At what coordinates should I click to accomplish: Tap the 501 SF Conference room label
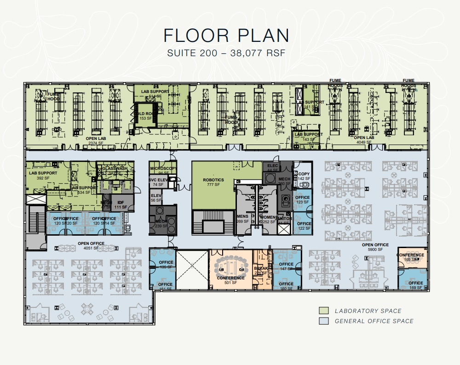[x=230, y=278]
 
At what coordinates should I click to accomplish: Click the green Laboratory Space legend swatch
[x=324, y=311]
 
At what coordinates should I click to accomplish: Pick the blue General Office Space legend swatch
[x=324, y=321]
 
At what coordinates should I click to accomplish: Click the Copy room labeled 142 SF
[x=304, y=176]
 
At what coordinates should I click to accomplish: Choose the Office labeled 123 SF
[x=302, y=199]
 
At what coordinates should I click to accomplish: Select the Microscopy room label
[x=163, y=168]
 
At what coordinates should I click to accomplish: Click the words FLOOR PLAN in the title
[x=226, y=36]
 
